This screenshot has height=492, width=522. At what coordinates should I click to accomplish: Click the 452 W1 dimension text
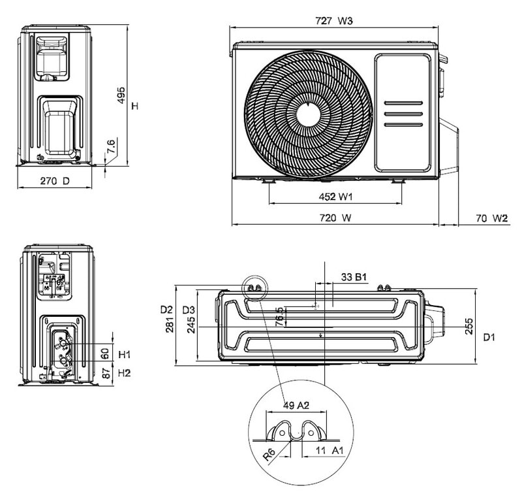coord(335,197)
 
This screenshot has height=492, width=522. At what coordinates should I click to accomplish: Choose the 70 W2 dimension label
coord(491,218)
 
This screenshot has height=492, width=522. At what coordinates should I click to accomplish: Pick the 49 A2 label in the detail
coord(294,405)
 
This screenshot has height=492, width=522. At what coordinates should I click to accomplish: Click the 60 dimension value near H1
coord(104,353)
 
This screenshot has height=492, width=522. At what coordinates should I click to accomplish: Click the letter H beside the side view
coord(134,106)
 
